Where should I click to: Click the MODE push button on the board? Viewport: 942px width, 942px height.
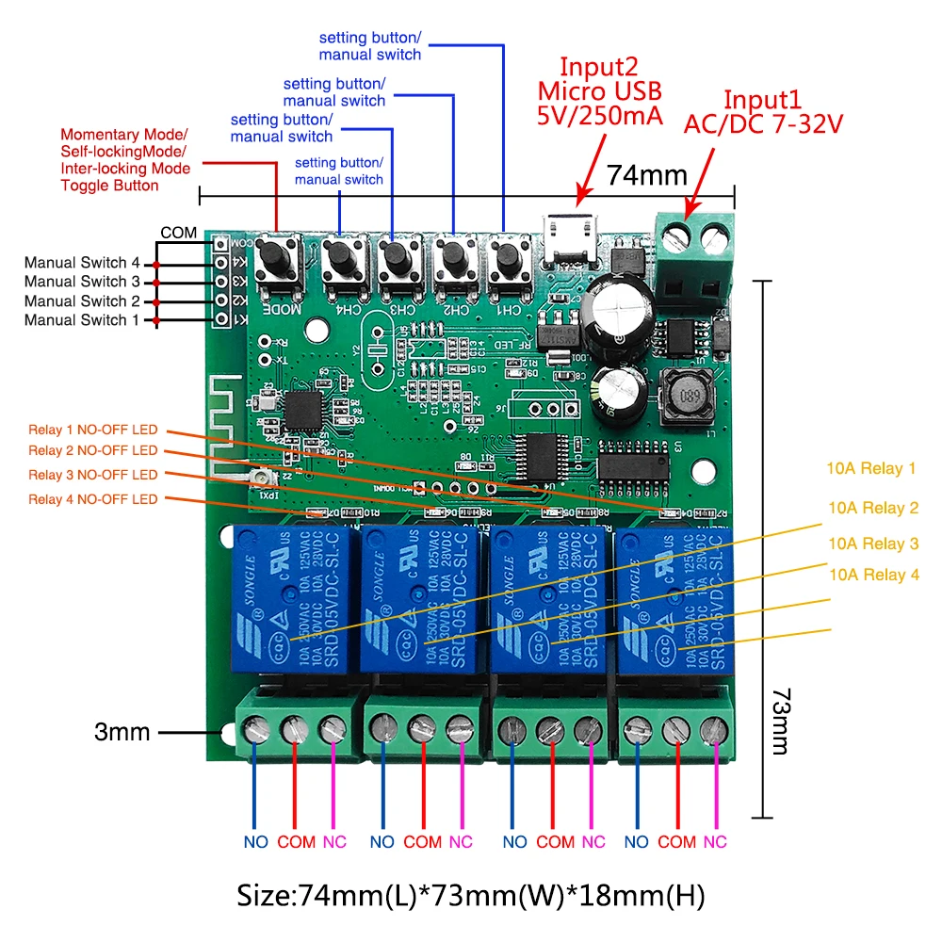(x=278, y=255)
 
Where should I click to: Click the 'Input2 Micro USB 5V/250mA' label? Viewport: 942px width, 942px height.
(x=599, y=91)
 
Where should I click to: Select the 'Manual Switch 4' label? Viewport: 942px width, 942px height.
(x=82, y=262)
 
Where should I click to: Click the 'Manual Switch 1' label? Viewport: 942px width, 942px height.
(x=82, y=320)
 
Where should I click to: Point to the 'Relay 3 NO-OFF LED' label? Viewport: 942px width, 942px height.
(x=93, y=475)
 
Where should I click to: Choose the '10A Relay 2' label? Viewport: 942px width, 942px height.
(x=872, y=509)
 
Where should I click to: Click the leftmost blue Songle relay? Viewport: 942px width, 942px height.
(x=293, y=601)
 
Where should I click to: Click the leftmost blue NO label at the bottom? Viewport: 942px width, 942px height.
(x=255, y=842)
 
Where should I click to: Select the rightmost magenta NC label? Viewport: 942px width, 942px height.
(x=715, y=842)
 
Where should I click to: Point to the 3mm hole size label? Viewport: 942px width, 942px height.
(x=122, y=732)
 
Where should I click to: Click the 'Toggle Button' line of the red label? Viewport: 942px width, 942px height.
(x=109, y=186)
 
